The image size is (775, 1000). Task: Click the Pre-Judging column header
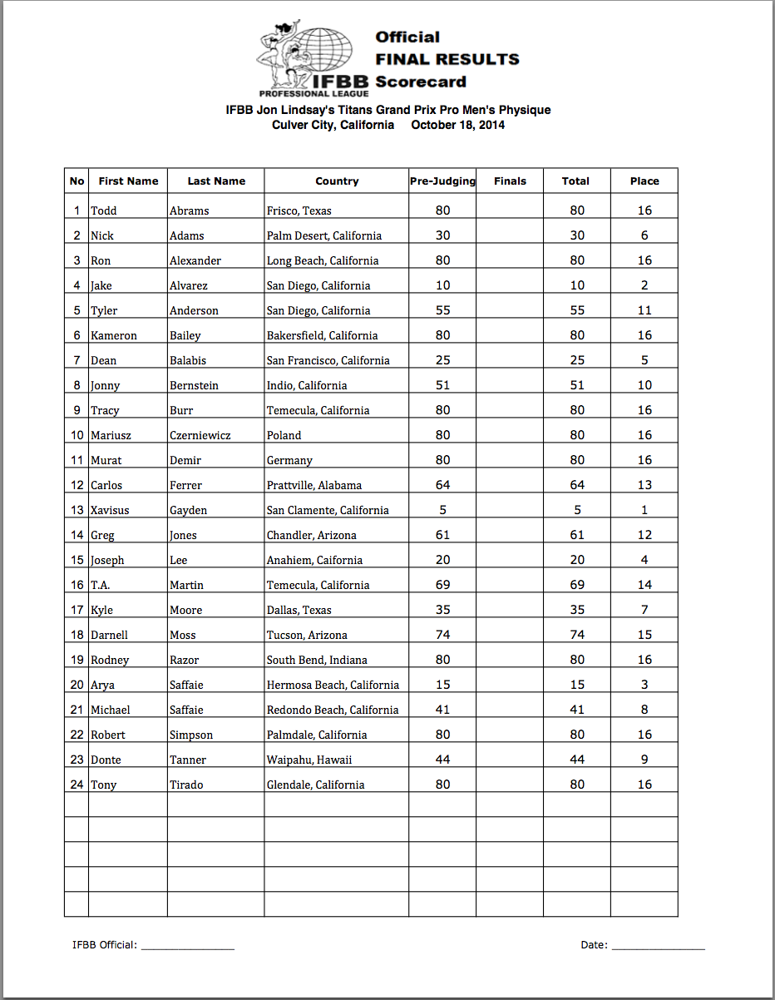(442, 181)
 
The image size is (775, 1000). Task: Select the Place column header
(644, 181)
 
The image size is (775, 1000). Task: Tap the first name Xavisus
(110, 510)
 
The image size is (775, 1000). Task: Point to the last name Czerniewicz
(203, 435)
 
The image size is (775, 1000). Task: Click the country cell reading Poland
(284, 435)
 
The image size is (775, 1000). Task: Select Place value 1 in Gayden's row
(644, 510)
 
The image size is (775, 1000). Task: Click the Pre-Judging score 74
(442, 635)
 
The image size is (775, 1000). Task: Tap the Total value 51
(576, 385)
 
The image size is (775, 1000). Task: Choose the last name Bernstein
(196, 385)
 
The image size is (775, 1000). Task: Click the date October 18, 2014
(457, 125)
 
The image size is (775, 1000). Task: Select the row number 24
(77, 785)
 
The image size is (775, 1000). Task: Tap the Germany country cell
(289, 460)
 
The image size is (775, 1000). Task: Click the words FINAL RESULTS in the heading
(447, 59)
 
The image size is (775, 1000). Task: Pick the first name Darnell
(110, 635)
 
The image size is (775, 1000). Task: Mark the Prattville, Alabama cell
(314, 485)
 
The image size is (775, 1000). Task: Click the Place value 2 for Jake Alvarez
(644, 285)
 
